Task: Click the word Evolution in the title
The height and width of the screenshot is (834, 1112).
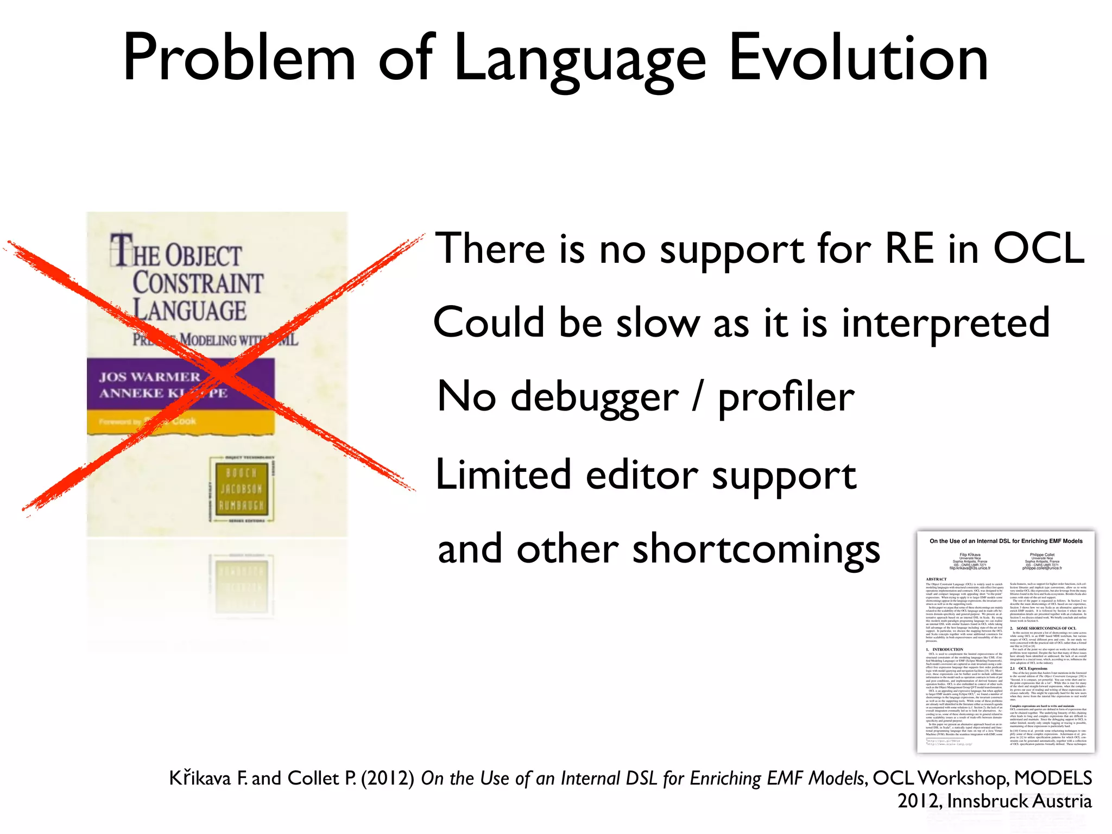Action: click(858, 59)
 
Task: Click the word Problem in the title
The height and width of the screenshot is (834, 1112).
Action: click(239, 59)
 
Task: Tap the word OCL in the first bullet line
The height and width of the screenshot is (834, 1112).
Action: click(1038, 249)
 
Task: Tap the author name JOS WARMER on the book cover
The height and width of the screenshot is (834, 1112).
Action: click(150, 377)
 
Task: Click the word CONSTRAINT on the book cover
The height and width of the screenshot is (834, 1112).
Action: click(198, 283)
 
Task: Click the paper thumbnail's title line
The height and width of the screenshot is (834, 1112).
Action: click(1006, 541)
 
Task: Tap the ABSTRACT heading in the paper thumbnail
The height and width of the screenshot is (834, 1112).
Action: click(936, 579)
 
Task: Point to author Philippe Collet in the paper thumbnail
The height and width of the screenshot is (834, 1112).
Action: click(1041, 555)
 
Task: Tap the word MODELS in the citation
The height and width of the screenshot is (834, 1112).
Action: click(1053, 779)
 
